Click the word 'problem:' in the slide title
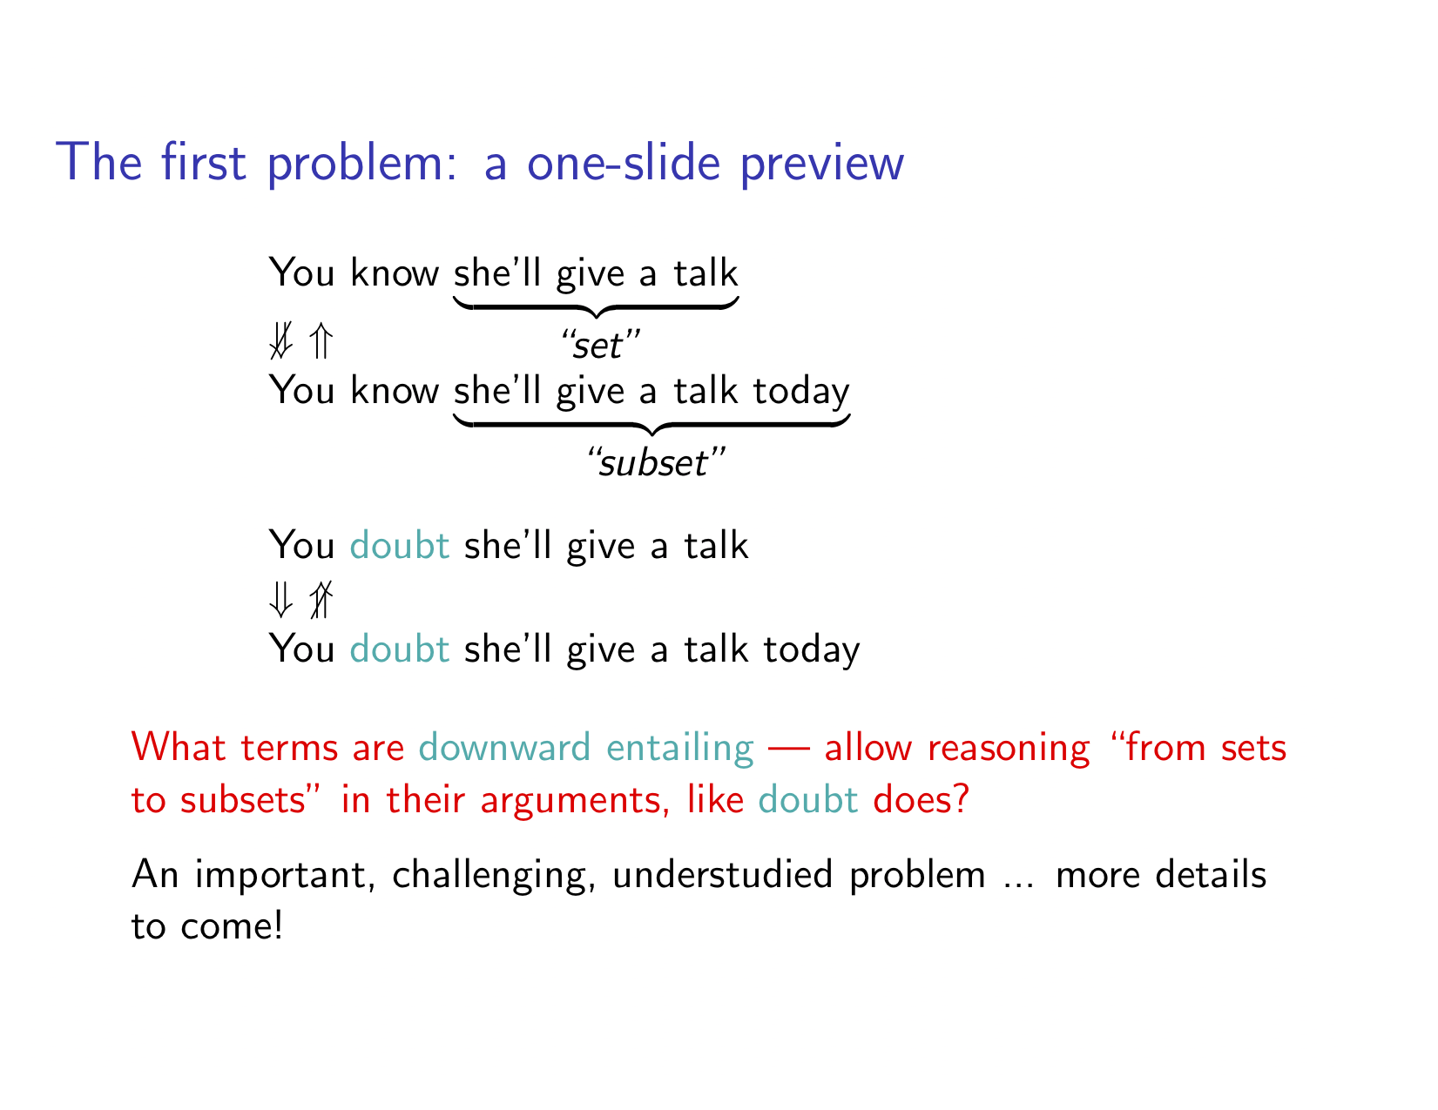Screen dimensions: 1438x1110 coord(362,164)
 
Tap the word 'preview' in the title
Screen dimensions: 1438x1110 coord(821,164)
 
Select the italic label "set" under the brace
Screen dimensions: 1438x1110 coord(600,345)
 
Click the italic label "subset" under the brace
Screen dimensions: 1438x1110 coord(656,461)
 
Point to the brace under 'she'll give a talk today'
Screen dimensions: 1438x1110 coord(651,424)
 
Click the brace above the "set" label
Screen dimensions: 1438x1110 coord(596,307)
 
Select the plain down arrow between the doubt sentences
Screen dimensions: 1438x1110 coord(281,599)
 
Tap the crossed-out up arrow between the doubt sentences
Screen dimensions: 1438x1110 coord(321,599)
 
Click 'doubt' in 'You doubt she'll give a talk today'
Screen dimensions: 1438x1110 coord(400,649)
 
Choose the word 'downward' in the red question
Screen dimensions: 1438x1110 coord(504,748)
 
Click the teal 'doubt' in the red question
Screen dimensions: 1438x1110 coord(808,800)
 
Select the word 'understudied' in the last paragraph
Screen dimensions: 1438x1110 coord(723,874)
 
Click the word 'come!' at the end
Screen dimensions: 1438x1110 coord(232,926)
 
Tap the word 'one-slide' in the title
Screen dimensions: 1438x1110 coord(623,164)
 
